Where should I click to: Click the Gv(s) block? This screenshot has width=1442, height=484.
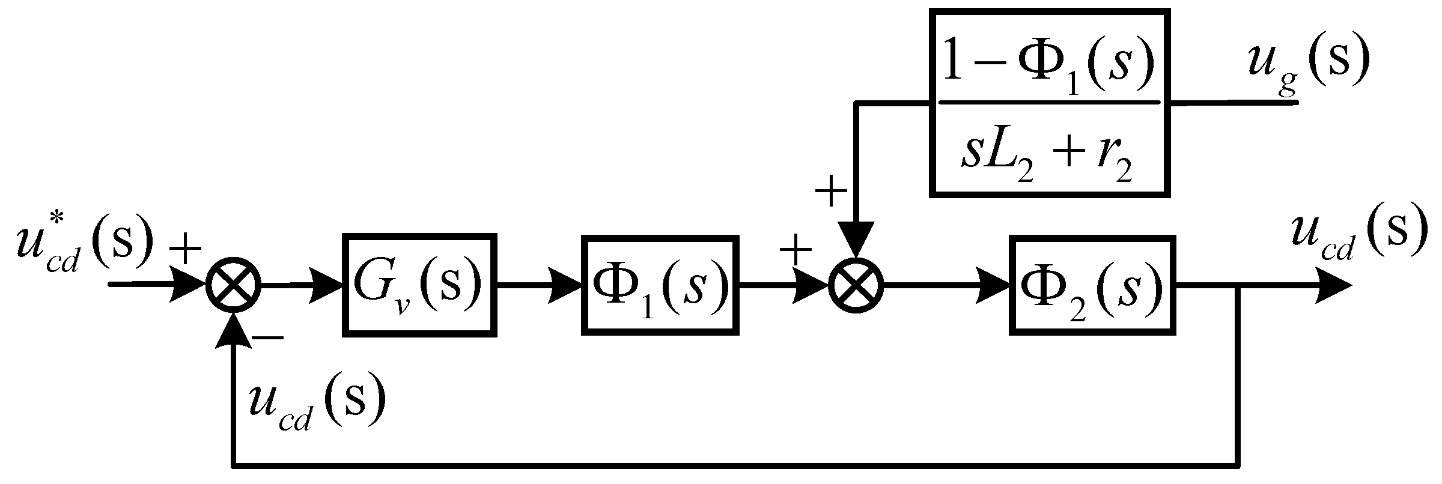tap(419, 284)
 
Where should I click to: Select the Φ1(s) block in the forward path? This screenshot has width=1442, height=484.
tap(659, 284)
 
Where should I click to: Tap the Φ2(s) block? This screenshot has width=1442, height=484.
tap(1091, 284)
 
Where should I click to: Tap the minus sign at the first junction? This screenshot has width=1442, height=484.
tap(269, 339)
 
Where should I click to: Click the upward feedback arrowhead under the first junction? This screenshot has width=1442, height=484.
tap(234, 330)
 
